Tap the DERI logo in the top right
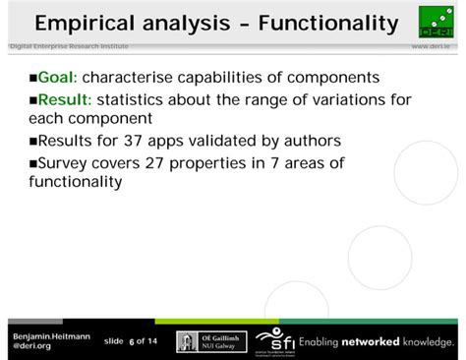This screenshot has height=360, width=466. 436,23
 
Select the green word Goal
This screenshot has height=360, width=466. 57,78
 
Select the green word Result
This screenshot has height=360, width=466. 63,99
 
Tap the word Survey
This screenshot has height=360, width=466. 65,162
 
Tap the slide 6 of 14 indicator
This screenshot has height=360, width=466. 130,341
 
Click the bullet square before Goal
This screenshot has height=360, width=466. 31,79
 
